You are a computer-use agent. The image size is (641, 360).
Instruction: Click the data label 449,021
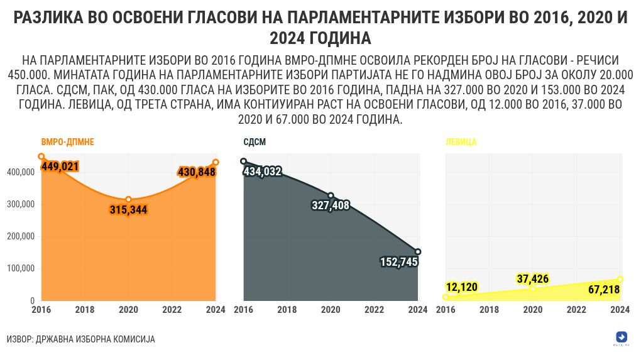pos(60,166)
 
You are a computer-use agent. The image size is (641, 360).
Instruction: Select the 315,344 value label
pos(128,210)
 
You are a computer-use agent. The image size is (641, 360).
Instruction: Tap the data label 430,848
pos(197,172)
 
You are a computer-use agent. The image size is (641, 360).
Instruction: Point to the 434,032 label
pos(263,171)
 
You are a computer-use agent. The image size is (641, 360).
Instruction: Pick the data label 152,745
pos(399,262)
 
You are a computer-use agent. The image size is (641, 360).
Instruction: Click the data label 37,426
pos(533,278)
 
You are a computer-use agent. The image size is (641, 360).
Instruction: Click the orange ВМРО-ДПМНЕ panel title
pos(68,142)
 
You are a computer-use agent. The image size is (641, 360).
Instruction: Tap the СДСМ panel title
pos(254,142)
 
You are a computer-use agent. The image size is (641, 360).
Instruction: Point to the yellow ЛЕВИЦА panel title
pos(461,142)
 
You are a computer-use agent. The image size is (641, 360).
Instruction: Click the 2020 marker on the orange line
pos(128,199)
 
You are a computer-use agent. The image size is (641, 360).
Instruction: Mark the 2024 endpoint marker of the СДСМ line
pos(418,252)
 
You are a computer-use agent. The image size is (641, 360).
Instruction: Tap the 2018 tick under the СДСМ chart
pos(287,310)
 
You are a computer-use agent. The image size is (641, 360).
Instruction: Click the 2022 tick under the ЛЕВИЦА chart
pos(576,310)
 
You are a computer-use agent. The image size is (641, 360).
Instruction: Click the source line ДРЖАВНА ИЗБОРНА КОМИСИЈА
pos(80,339)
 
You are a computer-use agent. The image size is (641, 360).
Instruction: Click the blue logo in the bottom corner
pos(622,336)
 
